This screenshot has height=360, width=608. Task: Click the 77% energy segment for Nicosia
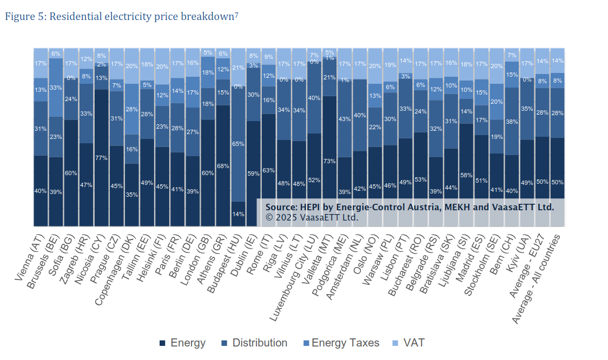101,158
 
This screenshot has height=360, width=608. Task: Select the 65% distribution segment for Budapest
238,144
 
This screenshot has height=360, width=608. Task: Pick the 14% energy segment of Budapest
238,214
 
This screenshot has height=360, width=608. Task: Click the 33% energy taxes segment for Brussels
56,88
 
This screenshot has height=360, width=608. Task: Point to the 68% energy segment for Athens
223,165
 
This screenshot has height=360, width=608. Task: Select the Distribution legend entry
254,343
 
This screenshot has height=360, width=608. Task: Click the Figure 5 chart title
122,16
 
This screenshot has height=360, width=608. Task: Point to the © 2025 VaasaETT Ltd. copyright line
312,217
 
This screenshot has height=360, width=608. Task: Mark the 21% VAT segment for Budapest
238,67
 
